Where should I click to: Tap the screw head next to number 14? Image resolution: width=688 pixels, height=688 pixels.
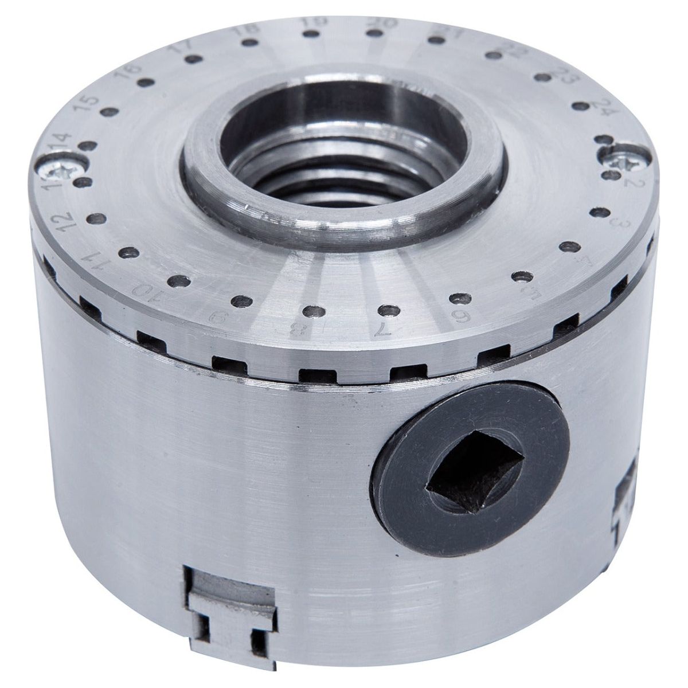pos(62,170)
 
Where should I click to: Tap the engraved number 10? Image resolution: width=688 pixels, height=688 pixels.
pos(139,286)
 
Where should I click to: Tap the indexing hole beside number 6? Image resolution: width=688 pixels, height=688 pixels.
pos(457,298)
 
